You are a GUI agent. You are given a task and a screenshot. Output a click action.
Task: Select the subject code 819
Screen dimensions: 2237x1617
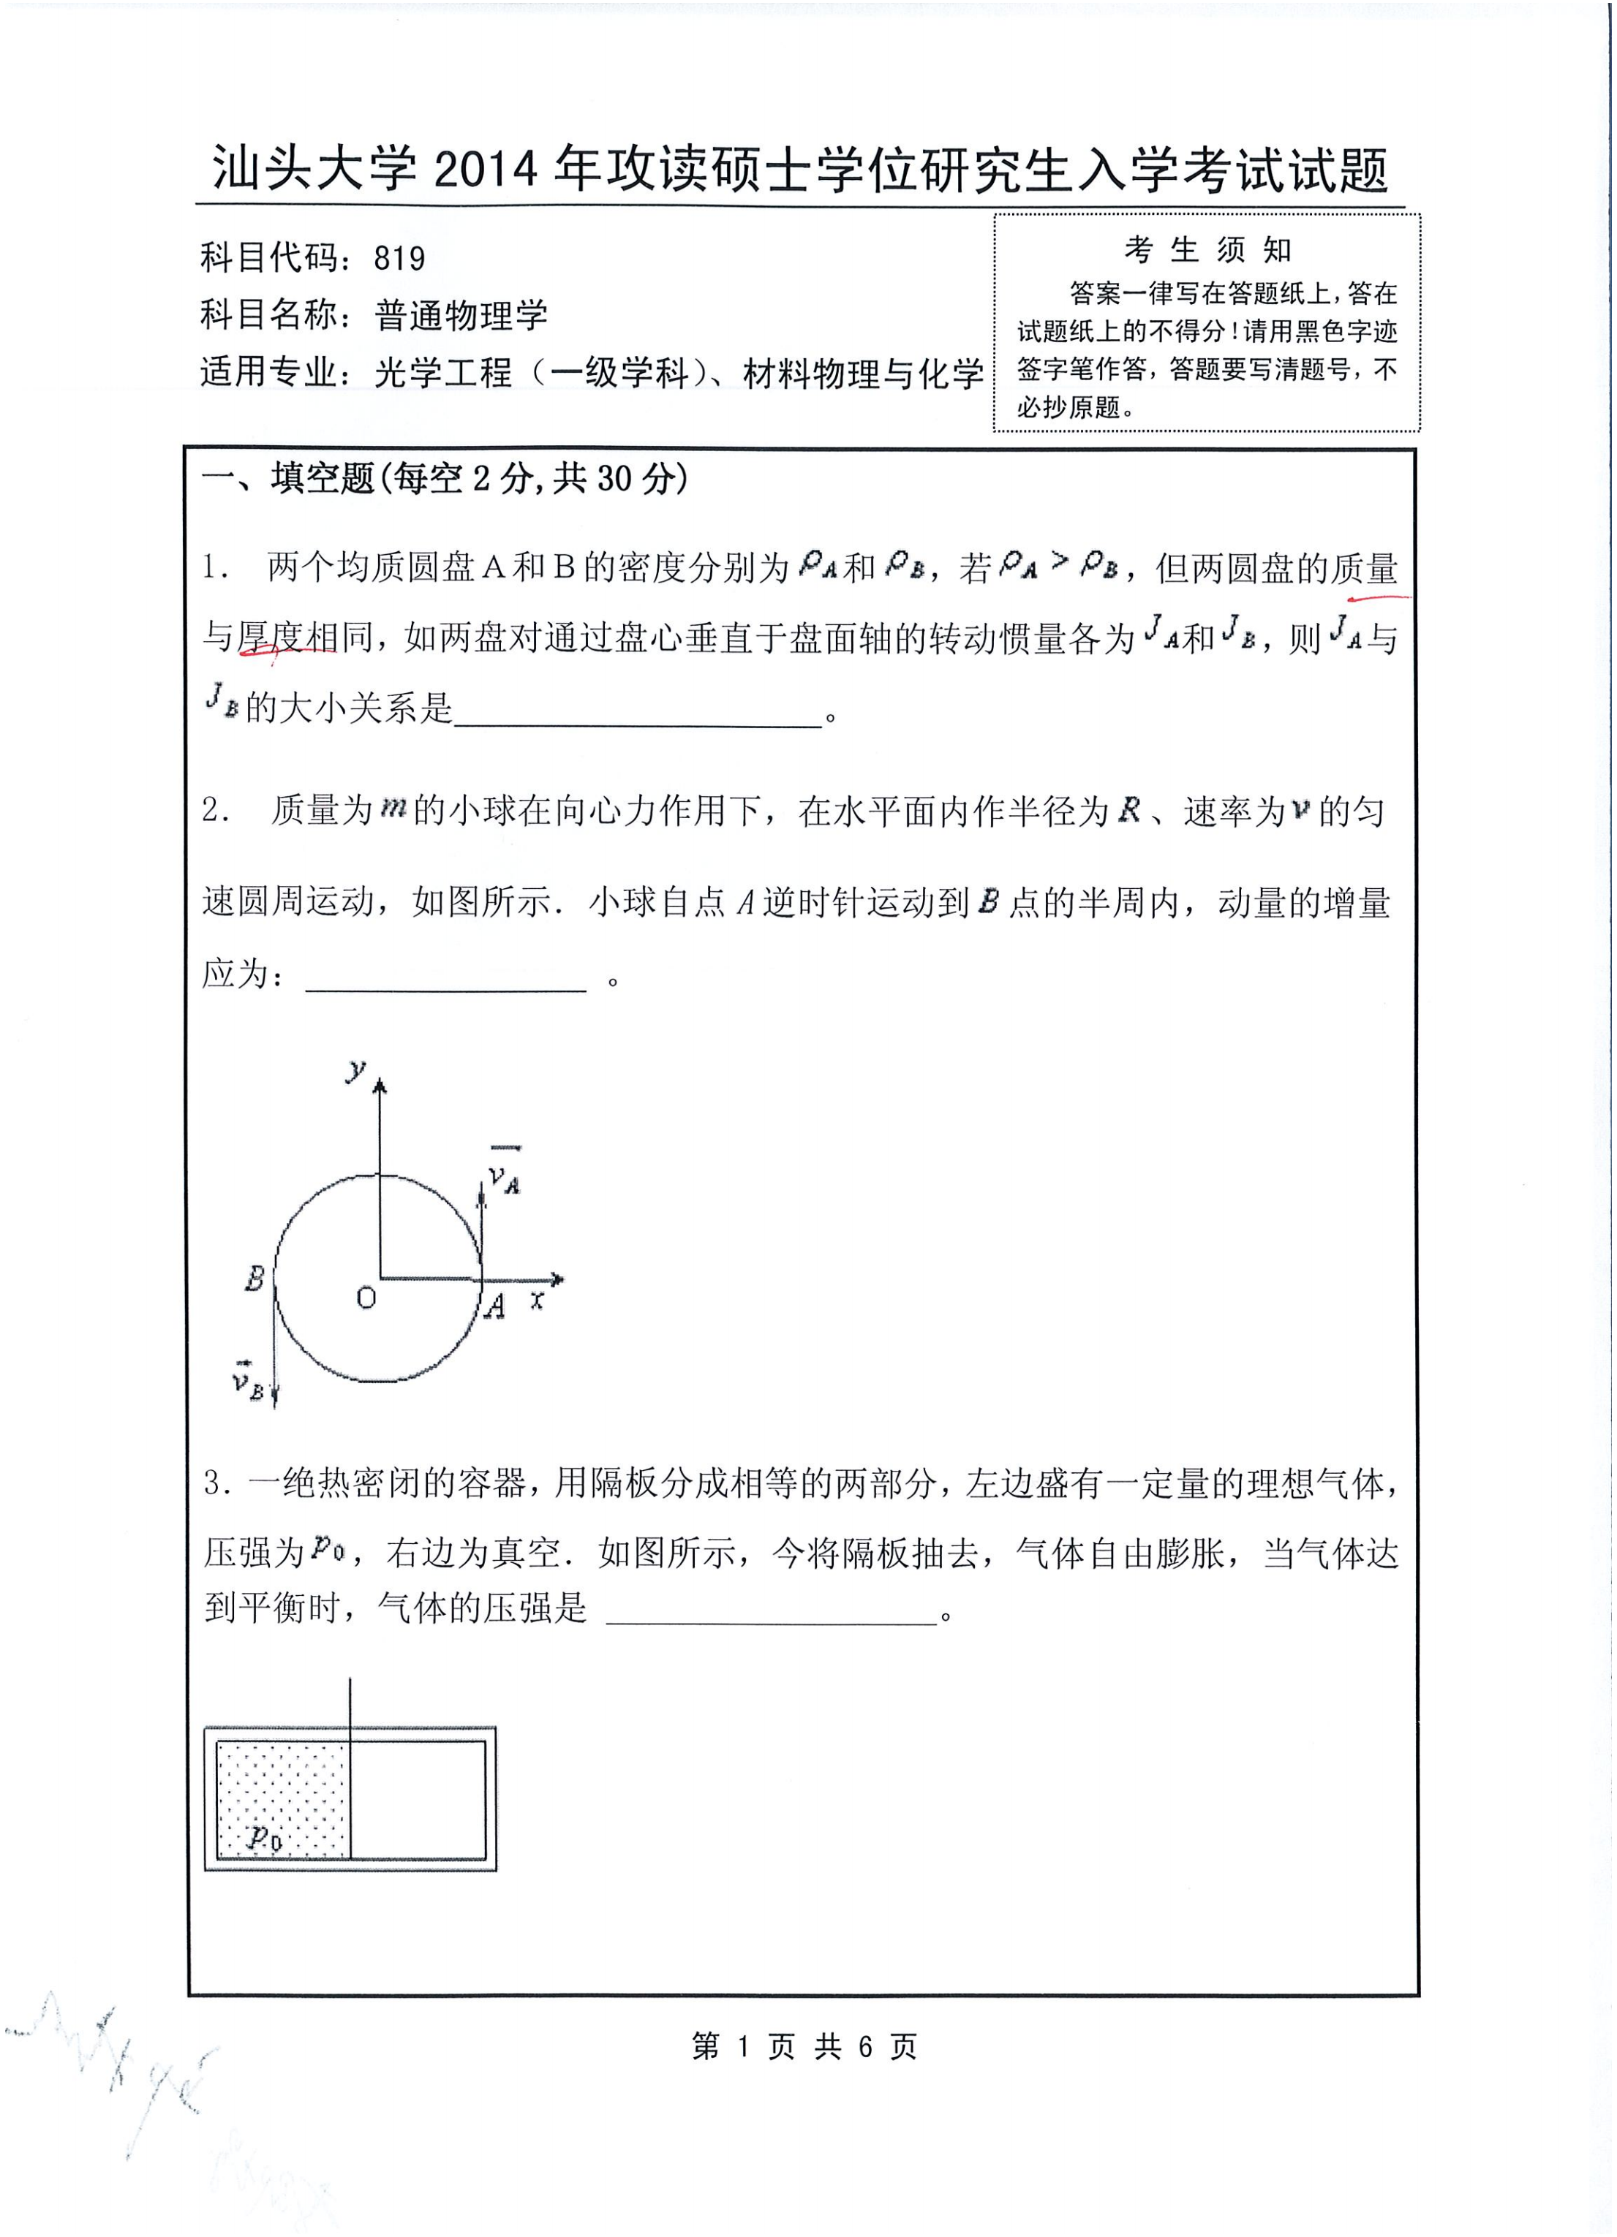pos(399,258)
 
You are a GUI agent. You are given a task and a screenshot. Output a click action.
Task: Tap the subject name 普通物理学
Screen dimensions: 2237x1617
pos(461,316)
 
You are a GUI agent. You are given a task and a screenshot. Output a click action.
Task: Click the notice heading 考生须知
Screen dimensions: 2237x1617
pos(1207,251)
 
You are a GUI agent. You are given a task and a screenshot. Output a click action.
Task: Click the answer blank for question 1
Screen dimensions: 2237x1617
pos(637,718)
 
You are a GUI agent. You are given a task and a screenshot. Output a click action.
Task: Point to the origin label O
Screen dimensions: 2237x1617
pos(366,1299)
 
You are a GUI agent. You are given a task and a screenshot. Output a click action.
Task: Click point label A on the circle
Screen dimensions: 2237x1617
pos(495,1307)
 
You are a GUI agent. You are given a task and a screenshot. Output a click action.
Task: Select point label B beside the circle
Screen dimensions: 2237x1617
pos(255,1279)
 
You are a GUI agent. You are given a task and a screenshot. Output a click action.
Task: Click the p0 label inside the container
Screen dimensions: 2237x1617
pos(265,1836)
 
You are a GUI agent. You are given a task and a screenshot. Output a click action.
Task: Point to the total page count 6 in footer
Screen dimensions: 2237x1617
pos(865,2048)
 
